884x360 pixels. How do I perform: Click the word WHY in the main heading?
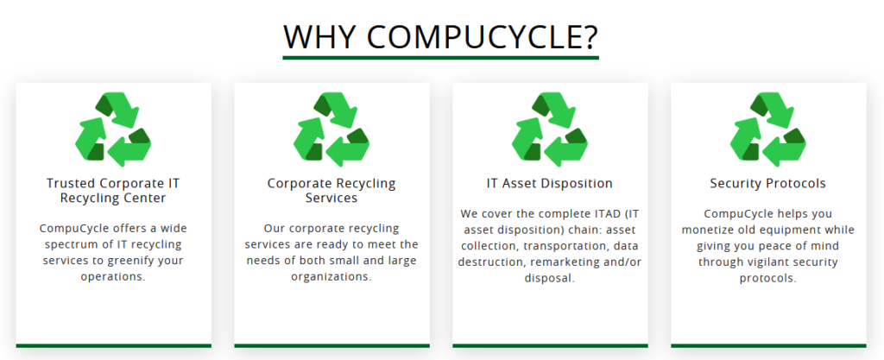(x=319, y=36)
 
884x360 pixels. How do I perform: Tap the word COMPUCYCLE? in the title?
(x=483, y=36)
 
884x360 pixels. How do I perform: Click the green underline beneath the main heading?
(x=440, y=58)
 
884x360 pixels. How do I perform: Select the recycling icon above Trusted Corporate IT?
(x=113, y=129)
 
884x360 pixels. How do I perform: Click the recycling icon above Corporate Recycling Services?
(x=331, y=129)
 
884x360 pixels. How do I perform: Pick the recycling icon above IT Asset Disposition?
(x=550, y=129)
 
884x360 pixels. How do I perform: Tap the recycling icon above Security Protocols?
(x=767, y=129)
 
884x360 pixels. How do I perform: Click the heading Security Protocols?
(x=767, y=184)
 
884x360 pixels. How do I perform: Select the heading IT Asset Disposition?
(x=550, y=184)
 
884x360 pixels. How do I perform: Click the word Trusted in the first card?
(x=71, y=183)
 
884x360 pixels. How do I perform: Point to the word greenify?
(x=134, y=261)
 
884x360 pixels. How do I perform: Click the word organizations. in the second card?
(x=331, y=277)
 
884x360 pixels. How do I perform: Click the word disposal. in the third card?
(x=550, y=278)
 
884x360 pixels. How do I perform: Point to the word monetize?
(x=708, y=231)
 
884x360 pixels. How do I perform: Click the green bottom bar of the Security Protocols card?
(x=767, y=345)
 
